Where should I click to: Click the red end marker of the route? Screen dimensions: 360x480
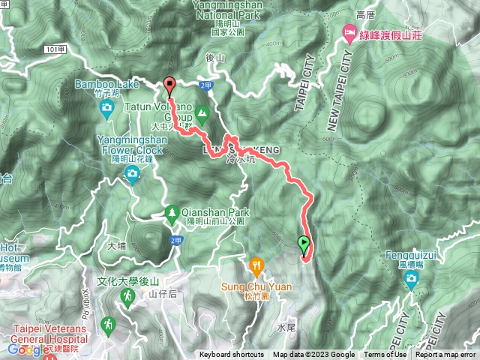(x=169, y=85)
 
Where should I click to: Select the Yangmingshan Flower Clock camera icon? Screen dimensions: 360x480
(x=133, y=176)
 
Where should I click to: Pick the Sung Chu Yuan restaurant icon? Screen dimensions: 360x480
(x=258, y=265)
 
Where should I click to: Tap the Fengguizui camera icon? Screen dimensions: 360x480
(x=411, y=280)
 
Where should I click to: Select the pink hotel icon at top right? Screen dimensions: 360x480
(x=349, y=33)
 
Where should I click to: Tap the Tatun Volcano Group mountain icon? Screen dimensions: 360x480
(x=201, y=115)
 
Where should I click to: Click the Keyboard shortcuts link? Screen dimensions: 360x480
(x=232, y=355)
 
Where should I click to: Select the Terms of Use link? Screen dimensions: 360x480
(x=385, y=355)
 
